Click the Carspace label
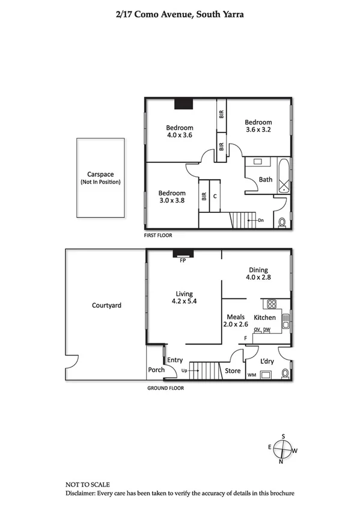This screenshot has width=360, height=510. click(x=100, y=174)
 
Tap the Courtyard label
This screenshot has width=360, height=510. click(x=106, y=306)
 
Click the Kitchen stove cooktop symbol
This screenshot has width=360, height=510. click(x=270, y=304)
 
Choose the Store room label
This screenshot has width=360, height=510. click(x=233, y=371)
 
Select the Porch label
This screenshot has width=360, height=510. click(x=156, y=370)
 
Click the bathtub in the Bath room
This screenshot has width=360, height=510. click(x=282, y=175)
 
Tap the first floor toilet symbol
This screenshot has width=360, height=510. click(x=282, y=223)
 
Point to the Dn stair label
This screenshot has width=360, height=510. click(x=261, y=221)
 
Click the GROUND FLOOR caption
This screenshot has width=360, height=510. click(x=166, y=388)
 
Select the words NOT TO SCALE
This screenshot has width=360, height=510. click(x=87, y=484)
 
